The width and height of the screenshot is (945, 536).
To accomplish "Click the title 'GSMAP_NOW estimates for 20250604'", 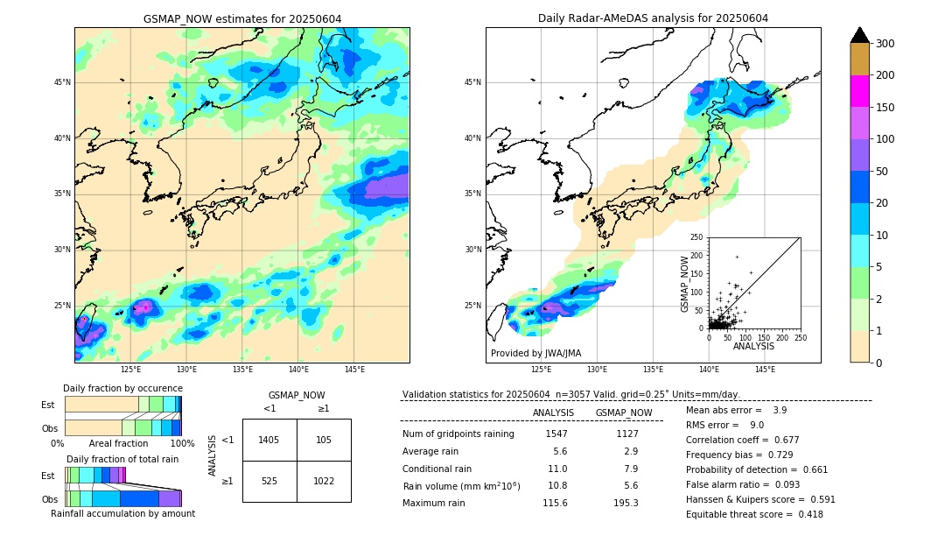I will (242, 18).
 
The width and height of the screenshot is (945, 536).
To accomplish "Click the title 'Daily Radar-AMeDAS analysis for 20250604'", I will (653, 18).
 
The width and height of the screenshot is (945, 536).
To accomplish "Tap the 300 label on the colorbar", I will (886, 44).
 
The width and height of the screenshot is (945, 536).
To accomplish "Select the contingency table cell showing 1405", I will (269, 440).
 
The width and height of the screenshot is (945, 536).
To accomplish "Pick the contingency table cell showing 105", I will (324, 440).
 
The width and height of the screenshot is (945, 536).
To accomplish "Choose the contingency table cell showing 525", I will (269, 481).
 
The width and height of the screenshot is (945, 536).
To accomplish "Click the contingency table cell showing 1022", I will (324, 481).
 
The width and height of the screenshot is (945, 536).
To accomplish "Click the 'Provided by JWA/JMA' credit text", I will (535, 354).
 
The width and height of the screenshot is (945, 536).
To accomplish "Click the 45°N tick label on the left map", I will (62, 82).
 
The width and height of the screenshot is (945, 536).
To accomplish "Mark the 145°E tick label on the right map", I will (765, 370).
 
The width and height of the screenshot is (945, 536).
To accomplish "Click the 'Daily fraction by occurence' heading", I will (122, 388).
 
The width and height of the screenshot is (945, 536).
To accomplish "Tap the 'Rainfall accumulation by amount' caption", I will (122, 513).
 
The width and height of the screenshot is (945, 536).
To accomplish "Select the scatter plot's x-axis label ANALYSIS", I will (753, 346).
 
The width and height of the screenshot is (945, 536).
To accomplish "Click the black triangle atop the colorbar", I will (860, 35).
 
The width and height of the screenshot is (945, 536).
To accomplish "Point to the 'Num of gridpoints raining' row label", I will (458, 434).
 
